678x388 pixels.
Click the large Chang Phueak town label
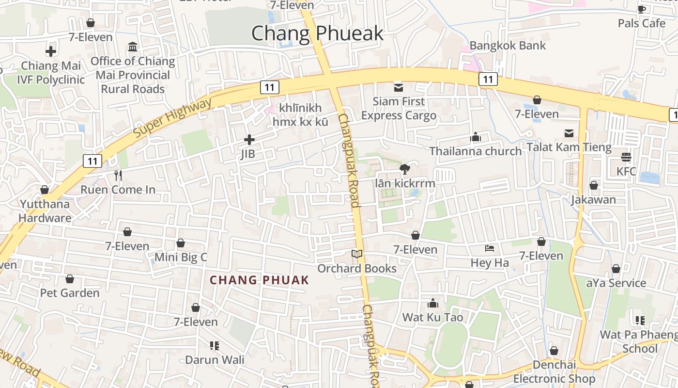pyautogui.click(x=317, y=33)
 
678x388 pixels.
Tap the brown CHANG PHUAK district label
pyautogui.click(x=259, y=280)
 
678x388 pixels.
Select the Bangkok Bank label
pyautogui.click(x=508, y=46)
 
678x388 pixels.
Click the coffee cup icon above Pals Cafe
pyautogui.click(x=642, y=9)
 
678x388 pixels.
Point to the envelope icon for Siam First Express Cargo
pyautogui.click(x=399, y=87)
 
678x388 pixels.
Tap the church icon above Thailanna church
pyautogui.click(x=476, y=137)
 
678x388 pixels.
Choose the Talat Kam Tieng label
pyautogui.click(x=569, y=147)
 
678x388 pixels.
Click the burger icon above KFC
pyautogui.click(x=626, y=157)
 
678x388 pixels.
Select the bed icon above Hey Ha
pyautogui.click(x=490, y=249)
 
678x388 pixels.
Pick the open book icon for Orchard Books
pyautogui.click(x=357, y=254)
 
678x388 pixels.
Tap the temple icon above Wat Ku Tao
pyautogui.click(x=433, y=304)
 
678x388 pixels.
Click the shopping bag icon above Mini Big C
pyautogui.click(x=181, y=243)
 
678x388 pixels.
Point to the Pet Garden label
pyautogui.click(x=70, y=293)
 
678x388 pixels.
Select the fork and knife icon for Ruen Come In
pyautogui.click(x=118, y=175)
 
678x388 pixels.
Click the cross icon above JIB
pyautogui.click(x=249, y=140)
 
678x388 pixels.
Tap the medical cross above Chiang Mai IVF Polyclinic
pyautogui.click(x=51, y=51)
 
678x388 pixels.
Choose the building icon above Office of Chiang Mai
pyautogui.click(x=133, y=47)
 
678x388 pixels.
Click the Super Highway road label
pyautogui.click(x=172, y=117)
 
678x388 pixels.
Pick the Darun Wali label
pyautogui.click(x=215, y=360)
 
